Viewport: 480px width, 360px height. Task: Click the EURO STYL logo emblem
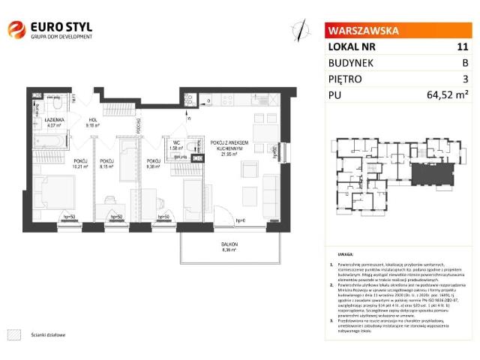(x=16, y=30)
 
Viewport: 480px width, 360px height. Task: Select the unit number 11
(x=462, y=46)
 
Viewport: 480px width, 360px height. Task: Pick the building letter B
(x=465, y=62)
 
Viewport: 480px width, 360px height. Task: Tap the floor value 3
(x=466, y=78)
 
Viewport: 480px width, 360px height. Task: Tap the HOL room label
(x=94, y=120)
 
